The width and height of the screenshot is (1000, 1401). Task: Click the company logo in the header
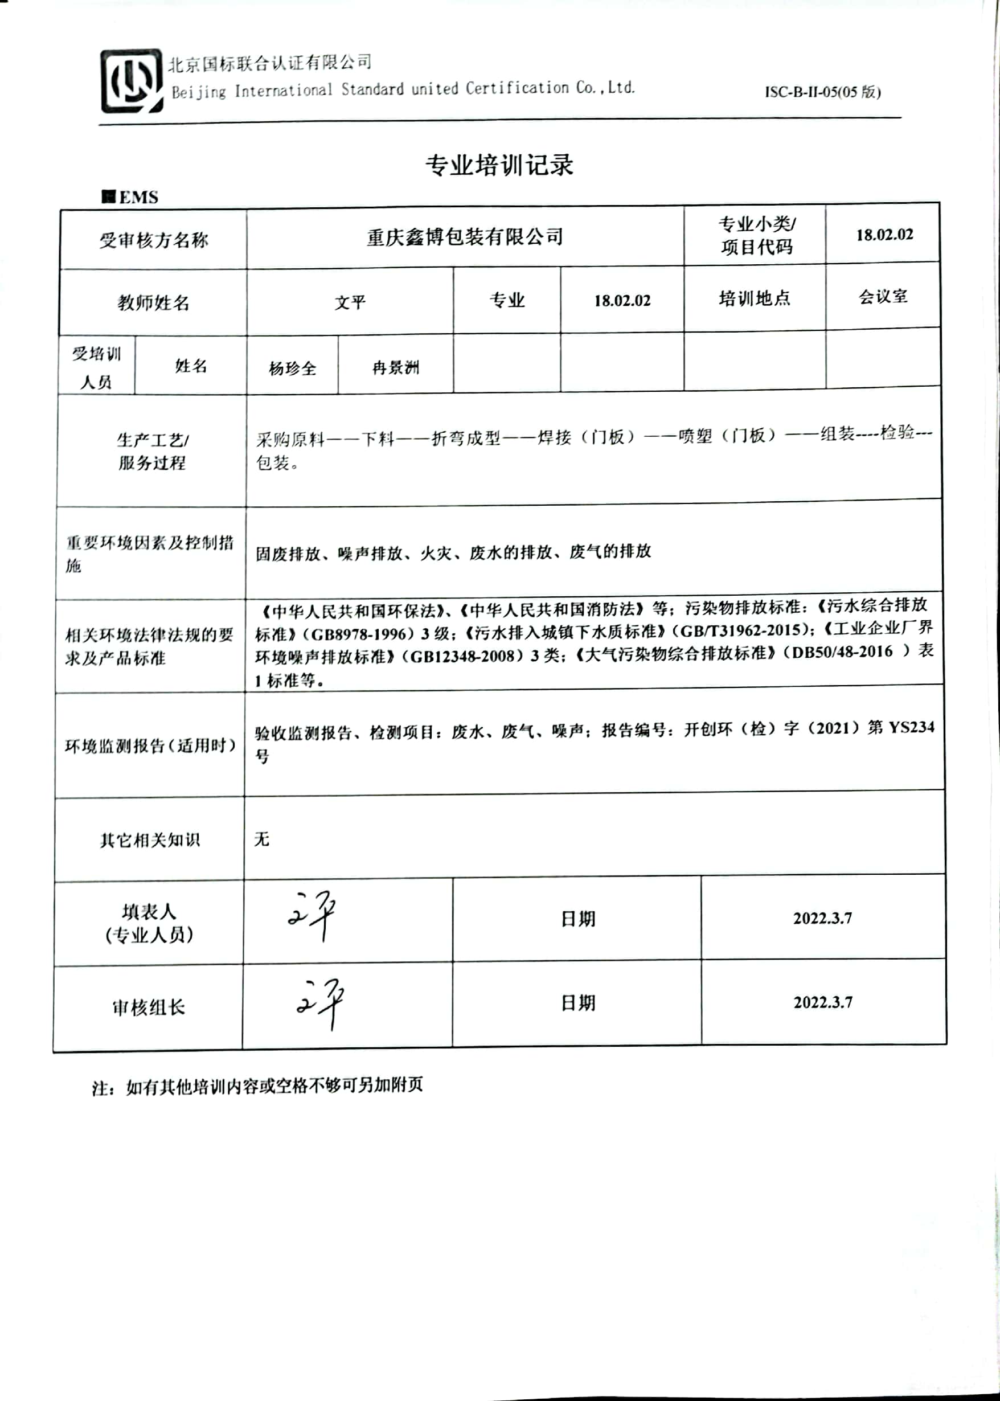[132, 81]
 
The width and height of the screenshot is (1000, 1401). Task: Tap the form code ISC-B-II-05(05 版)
[823, 92]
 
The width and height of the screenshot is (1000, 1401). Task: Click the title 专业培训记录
[499, 165]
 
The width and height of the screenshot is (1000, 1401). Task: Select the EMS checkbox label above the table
[130, 197]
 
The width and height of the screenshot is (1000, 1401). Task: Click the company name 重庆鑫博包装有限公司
[465, 237]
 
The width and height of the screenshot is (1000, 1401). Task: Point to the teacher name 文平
[350, 302]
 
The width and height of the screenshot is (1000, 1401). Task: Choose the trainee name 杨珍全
[293, 368]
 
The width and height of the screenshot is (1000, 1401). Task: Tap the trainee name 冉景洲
[396, 368]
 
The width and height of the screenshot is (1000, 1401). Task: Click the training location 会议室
[883, 297]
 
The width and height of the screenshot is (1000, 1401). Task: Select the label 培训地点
[755, 298]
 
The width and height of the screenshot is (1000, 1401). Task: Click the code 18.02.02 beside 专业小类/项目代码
[884, 235]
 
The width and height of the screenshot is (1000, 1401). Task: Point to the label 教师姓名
[153, 302]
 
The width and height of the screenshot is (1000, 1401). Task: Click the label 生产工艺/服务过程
[153, 451]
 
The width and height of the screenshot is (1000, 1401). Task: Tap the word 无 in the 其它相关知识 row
[262, 839]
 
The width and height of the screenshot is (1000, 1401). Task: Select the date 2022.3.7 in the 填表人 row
[822, 918]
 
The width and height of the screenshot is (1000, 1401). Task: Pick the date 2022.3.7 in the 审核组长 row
[823, 1002]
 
